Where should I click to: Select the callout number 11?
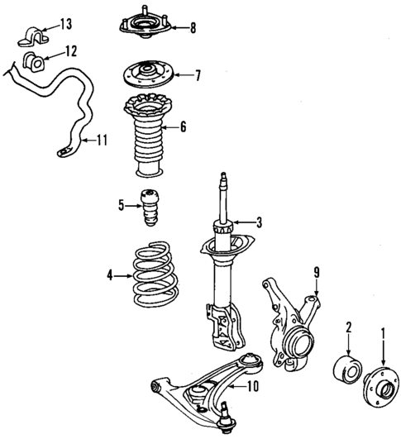tap(102, 140)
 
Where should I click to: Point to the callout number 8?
tap(192, 28)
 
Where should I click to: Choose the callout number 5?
tap(120, 206)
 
